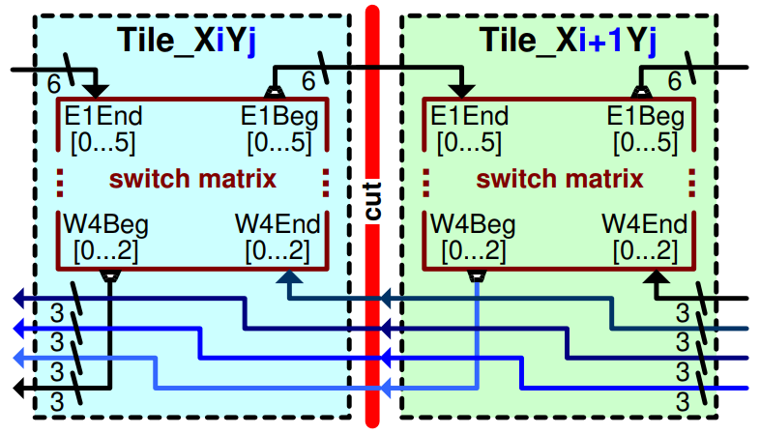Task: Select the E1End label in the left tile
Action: pyautogui.click(x=103, y=117)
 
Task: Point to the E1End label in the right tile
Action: pyautogui.click(x=469, y=117)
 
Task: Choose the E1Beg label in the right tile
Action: pyautogui.click(x=645, y=117)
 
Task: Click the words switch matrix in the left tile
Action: pyautogui.click(x=192, y=179)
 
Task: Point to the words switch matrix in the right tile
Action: pyautogui.click(x=560, y=179)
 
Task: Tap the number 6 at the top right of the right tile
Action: pyautogui.click(x=676, y=84)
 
